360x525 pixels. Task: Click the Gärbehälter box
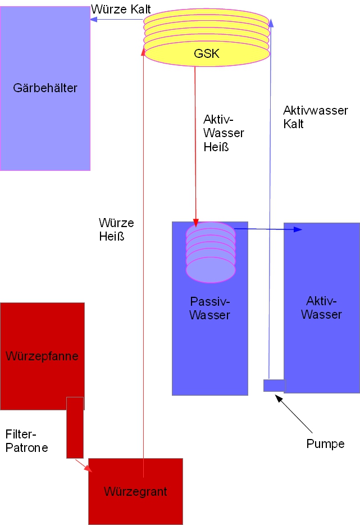45,88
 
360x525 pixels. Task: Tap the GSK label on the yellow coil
206,55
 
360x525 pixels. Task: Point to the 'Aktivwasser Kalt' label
315,117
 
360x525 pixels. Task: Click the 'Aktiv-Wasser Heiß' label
223,133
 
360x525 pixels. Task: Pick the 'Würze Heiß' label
116,230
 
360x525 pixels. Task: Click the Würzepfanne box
42,356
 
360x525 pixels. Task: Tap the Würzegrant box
135,491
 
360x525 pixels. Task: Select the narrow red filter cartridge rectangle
75,427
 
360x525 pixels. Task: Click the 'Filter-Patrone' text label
26,441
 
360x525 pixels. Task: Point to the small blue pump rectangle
274,386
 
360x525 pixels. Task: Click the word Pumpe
325,443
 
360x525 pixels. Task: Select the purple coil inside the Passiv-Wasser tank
211,252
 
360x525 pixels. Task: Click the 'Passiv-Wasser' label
209,309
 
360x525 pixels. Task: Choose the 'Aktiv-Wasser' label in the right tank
321,307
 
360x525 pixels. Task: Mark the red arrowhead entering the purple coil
196,221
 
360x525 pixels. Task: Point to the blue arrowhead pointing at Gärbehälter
94,19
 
